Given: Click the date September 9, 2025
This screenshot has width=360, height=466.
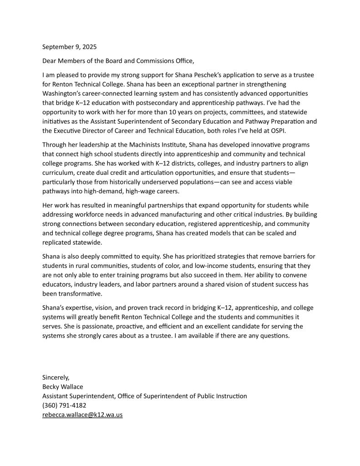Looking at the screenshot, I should [70, 47].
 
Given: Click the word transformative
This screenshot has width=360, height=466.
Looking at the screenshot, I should [81, 294].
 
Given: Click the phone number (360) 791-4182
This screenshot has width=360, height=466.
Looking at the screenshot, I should [64, 405].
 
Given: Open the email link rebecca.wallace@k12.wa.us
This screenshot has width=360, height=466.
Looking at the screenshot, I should [82, 415].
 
